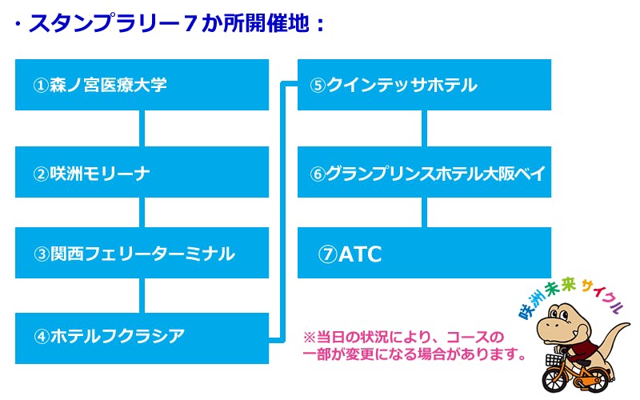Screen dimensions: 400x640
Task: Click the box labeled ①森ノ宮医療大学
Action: tap(142, 85)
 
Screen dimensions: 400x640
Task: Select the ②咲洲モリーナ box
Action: tap(142, 172)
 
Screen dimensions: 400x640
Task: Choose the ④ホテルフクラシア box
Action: tap(142, 336)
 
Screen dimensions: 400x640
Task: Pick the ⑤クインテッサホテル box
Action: tap(424, 85)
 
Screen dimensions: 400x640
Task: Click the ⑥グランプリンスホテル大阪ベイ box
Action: tap(424, 172)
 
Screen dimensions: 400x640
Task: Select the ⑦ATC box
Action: tap(424, 254)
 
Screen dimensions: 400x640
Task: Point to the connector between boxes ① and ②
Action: tap(142, 128)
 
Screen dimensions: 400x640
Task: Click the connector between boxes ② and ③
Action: tap(142, 212)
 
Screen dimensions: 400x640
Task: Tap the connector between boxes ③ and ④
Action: tap(142, 295)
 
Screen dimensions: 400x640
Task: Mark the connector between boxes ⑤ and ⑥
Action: tap(425, 128)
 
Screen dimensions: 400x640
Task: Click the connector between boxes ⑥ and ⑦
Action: tap(425, 212)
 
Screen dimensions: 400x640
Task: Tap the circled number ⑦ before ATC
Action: tap(328, 254)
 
